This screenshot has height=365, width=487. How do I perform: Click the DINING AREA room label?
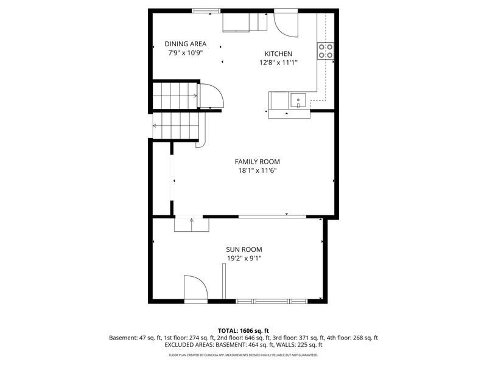point(186,44)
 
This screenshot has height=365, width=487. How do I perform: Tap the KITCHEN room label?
point(278,54)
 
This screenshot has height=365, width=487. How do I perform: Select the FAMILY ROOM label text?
point(258,161)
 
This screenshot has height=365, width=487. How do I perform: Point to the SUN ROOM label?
point(244,249)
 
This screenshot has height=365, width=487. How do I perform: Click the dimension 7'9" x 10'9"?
point(186,53)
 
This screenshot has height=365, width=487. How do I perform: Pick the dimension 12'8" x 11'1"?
point(278,62)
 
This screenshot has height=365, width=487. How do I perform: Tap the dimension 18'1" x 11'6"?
point(258,170)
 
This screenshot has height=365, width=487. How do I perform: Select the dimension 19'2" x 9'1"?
point(244,259)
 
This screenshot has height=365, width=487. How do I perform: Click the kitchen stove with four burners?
point(326,51)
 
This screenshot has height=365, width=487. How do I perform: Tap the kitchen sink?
point(298,100)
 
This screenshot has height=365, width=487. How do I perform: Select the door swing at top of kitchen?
point(285,22)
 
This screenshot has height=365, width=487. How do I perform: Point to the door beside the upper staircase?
point(211,96)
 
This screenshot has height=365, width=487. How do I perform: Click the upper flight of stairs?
point(175,96)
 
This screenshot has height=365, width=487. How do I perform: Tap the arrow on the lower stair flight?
point(156,126)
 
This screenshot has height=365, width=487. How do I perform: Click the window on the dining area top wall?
point(206,10)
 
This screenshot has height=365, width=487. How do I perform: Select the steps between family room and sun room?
point(192,224)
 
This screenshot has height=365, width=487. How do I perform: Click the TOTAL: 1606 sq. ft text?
point(243,330)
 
